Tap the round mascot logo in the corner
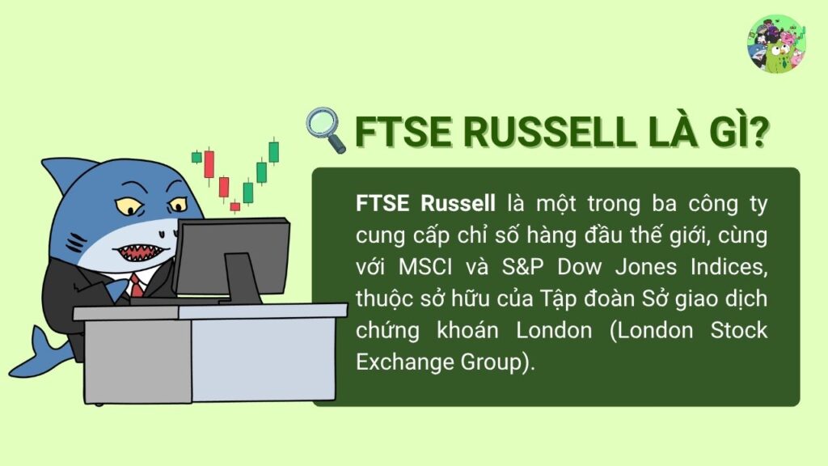[776, 44]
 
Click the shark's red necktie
[137, 286]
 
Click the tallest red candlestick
[209, 164]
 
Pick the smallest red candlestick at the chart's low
[234, 206]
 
